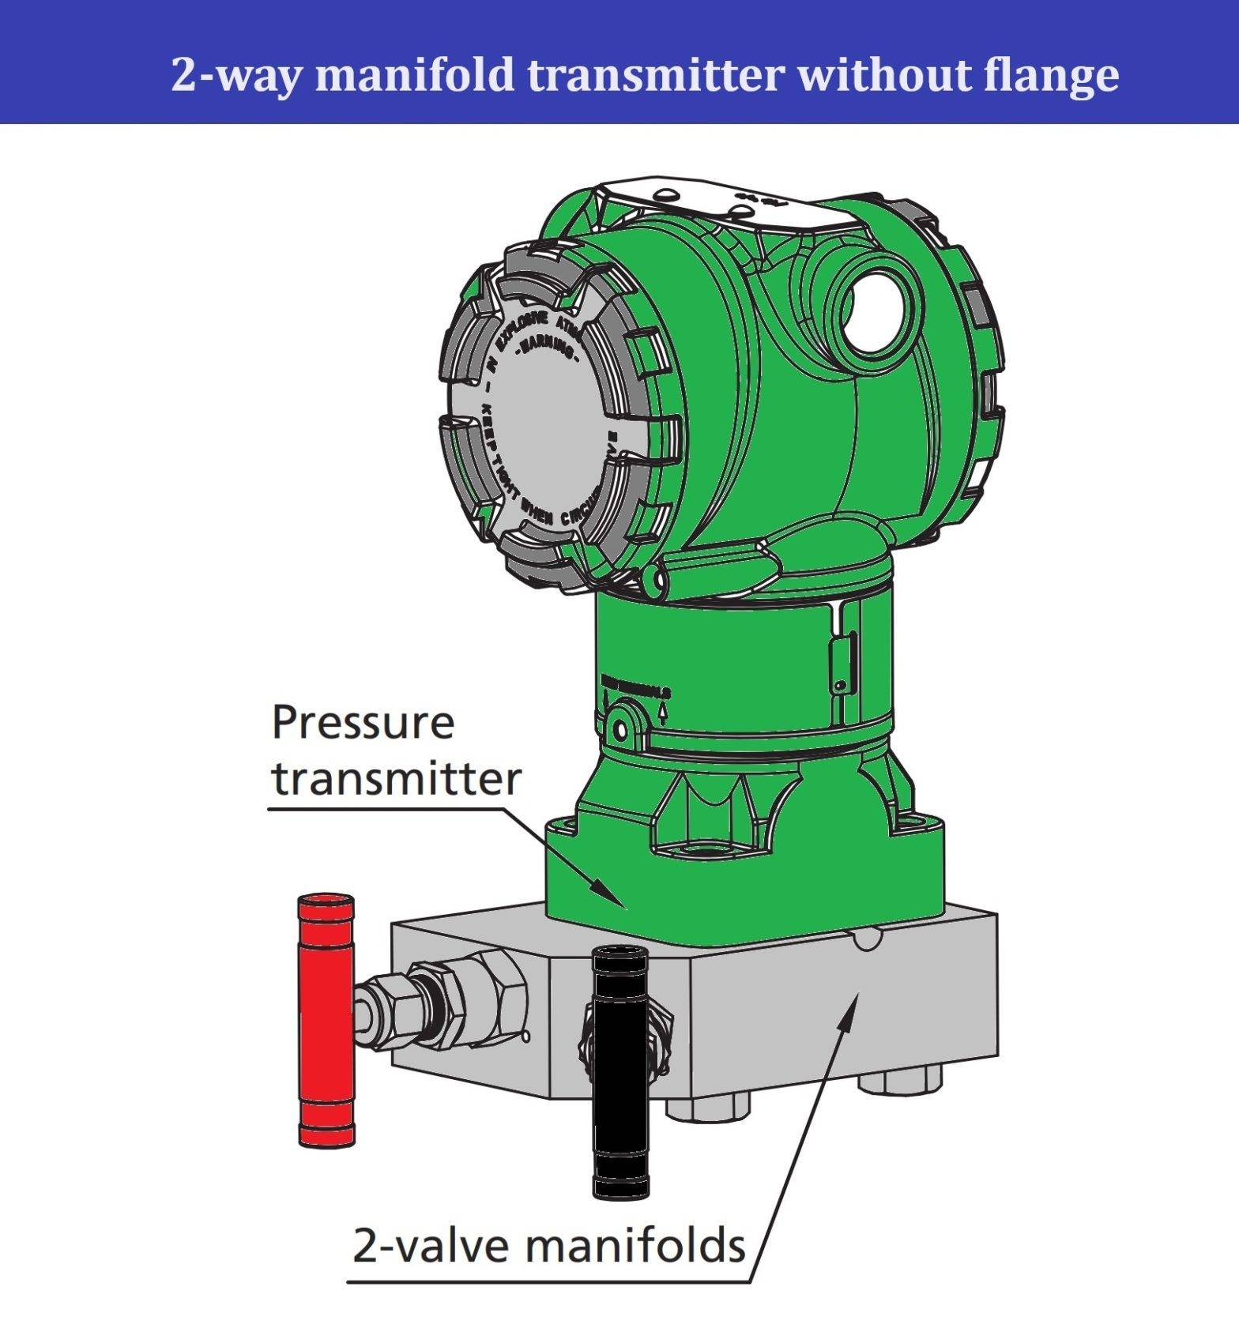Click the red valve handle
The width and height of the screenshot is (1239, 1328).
(x=326, y=1019)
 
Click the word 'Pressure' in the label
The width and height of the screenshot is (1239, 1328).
(x=363, y=722)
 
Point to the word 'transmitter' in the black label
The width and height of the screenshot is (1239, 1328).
(x=397, y=779)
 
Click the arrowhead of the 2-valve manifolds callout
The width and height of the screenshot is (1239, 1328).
(x=853, y=1003)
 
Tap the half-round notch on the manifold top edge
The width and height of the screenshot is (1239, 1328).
(x=865, y=938)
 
